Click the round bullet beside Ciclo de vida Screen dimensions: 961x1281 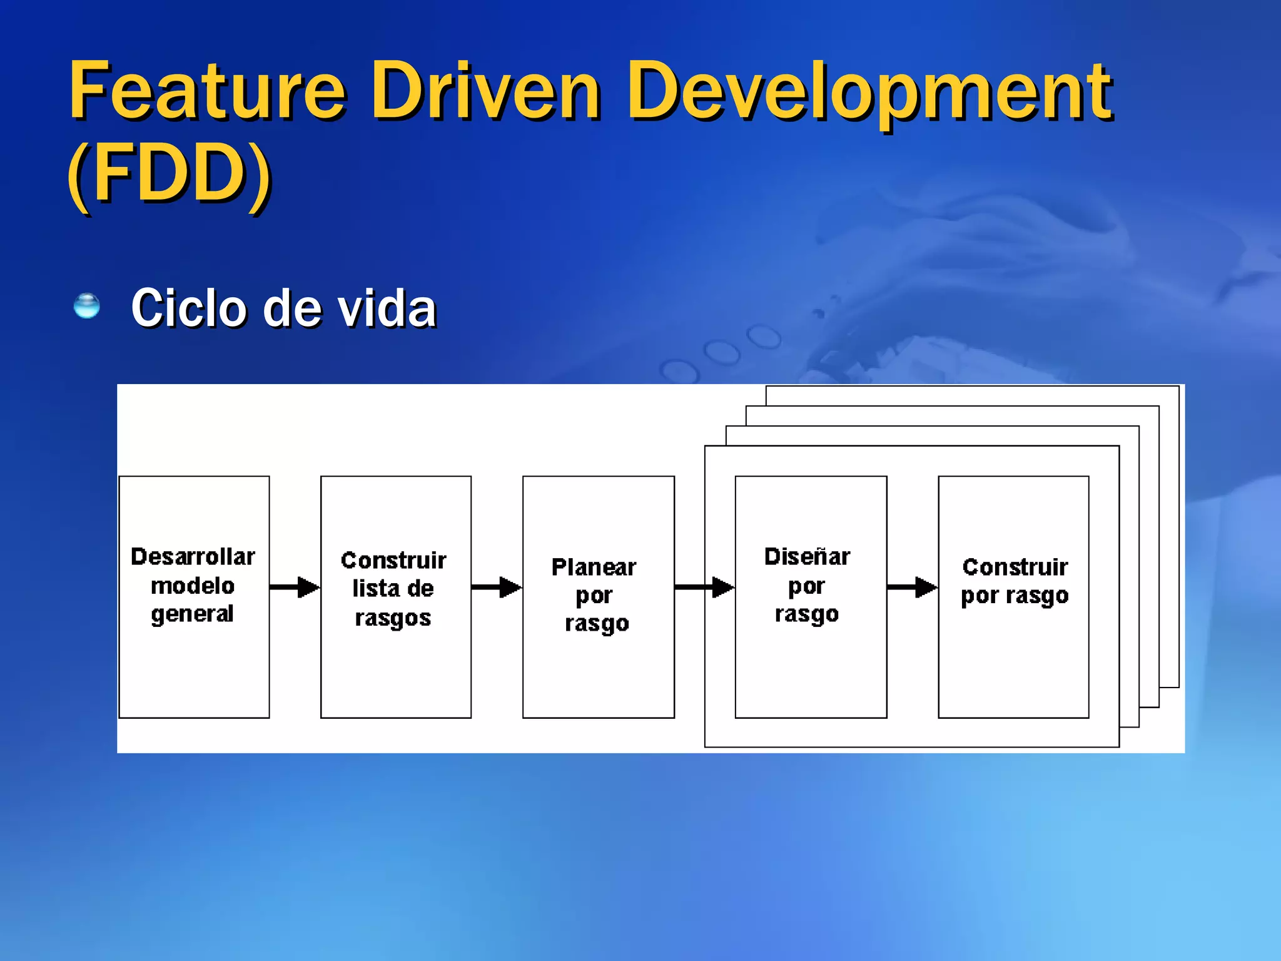[x=86, y=306]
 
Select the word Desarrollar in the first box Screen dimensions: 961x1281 [x=193, y=556]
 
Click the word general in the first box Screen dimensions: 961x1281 [x=192, y=614]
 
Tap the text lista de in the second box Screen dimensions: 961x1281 [x=393, y=589]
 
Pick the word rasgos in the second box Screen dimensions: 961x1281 [x=393, y=618]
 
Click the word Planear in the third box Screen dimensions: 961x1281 [x=594, y=567]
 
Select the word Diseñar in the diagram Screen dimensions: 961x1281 [x=807, y=556]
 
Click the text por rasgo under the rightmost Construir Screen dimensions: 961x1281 [x=1015, y=596]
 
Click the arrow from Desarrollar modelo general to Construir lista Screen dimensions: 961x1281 [x=295, y=587]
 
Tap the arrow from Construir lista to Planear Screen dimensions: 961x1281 [x=497, y=587]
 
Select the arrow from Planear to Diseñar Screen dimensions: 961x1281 [x=704, y=587]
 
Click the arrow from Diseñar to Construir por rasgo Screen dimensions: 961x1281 [x=912, y=587]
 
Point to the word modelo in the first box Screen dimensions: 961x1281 [x=193, y=586]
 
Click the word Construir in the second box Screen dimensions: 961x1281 [x=393, y=560]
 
